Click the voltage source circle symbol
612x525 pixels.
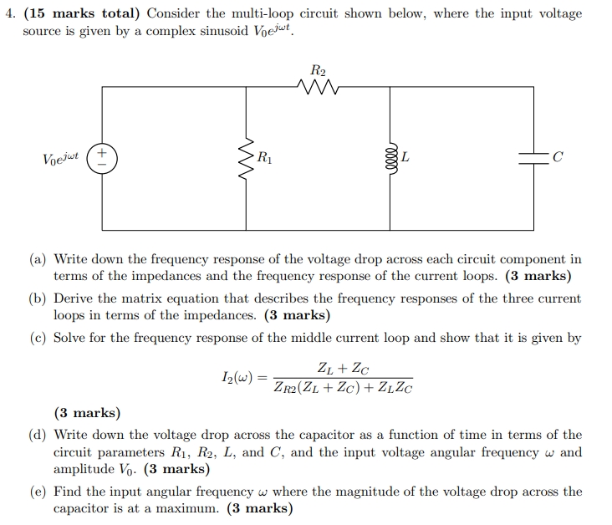click(103, 158)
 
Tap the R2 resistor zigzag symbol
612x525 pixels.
click(318, 85)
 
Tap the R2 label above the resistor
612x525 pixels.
click(318, 69)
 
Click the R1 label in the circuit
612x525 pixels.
click(264, 156)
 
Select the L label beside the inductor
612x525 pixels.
click(405, 156)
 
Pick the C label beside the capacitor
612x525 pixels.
click(558, 157)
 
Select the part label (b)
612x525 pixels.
click(38, 298)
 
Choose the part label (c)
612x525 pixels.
click(38, 338)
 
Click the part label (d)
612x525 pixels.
click(38, 435)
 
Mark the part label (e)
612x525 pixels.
click(38, 492)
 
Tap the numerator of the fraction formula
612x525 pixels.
click(344, 368)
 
